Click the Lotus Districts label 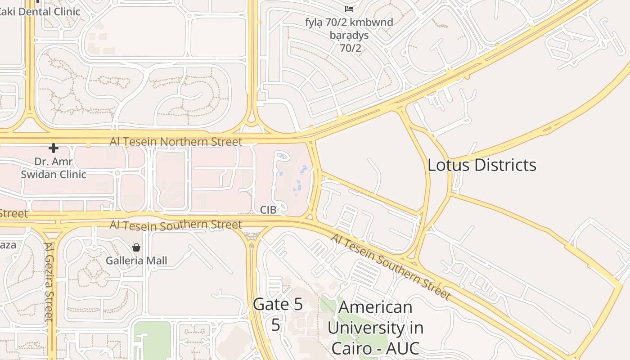[x=481, y=165]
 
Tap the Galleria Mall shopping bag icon [x=136, y=247]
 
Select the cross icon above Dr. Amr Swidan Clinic [x=54, y=148]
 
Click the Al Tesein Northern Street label [x=176, y=142]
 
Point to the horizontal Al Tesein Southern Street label [x=176, y=225]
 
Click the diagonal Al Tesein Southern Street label [x=391, y=267]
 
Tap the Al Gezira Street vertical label [x=49, y=282]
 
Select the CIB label [x=268, y=210]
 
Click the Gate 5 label [x=278, y=304]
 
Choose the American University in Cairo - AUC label [x=375, y=328]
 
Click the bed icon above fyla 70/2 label [x=349, y=9]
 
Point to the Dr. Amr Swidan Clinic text [x=53, y=168]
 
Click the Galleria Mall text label [x=136, y=261]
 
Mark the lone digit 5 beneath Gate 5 [x=275, y=324]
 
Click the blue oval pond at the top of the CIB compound [x=282, y=156]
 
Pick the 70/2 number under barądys [x=351, y=48]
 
